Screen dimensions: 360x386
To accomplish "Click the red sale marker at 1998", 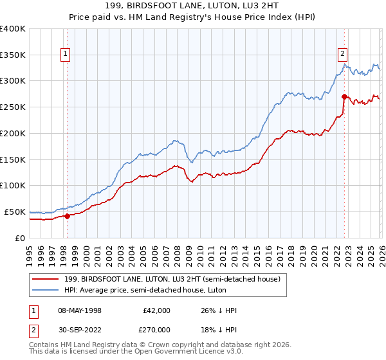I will tap(67, 216).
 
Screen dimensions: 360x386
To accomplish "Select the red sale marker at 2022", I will tap(344, 97).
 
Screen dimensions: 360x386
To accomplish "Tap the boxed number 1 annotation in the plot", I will tap(66, 55).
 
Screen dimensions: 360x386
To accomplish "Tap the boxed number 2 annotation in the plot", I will tap(343, 55).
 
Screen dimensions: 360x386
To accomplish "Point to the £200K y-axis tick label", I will tap(13, 134).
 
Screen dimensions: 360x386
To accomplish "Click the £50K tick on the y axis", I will tap(15, 212).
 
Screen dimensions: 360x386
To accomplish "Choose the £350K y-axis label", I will tap(13, 55).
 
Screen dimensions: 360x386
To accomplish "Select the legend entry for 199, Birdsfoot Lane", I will tap(171, 280).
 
